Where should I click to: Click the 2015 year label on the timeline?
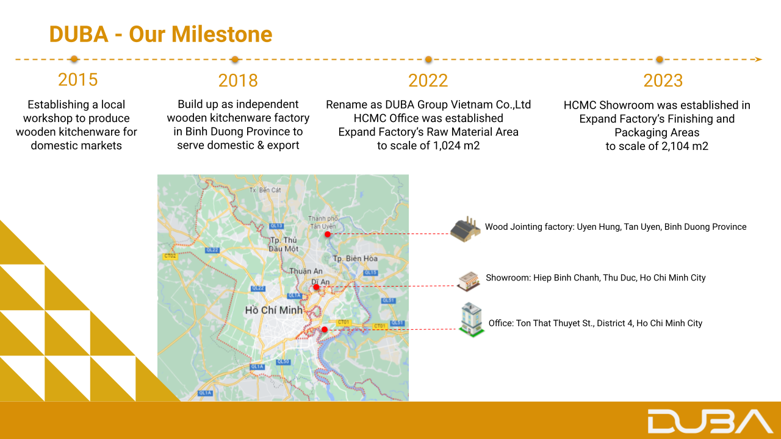pyautogui.click(x=77, y=80)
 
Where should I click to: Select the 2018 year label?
pyautogui.click(x=238, y=80)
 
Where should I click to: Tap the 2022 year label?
pyautogui.click(x=428, y=80)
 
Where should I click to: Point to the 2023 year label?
pyautogui.click(x=663, y=80)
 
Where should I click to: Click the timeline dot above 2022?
pyautogui.click(x=428, y=60)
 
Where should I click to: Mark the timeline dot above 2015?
pyautogui.click(x=74, y=59)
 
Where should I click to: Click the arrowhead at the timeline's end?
pyautogui.click(x=758, y=60)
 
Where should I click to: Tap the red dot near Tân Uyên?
pyautogui.click(x=328, y=235)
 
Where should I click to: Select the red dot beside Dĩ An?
pyautogui.click(x=316, y=287)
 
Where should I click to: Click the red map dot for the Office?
pyautogui.click(x=325, y=329)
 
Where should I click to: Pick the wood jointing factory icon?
pyautogui.click(x=466, y=229)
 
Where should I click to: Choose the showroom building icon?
pyautogui.click(x=468, y=281)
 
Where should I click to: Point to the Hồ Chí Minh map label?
pyautogui.click(x=274, y=310)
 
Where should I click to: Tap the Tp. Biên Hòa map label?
pyautogui.click(x=355, y=259)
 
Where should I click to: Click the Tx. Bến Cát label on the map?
pyautogui.click(x=265, y=190)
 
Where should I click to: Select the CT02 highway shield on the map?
pyautogui.click(x=170, y=256)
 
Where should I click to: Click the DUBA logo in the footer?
pyautogui.click(x=710, y=421)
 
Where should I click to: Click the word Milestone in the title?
pyautogui.click(x=221, y=34)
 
